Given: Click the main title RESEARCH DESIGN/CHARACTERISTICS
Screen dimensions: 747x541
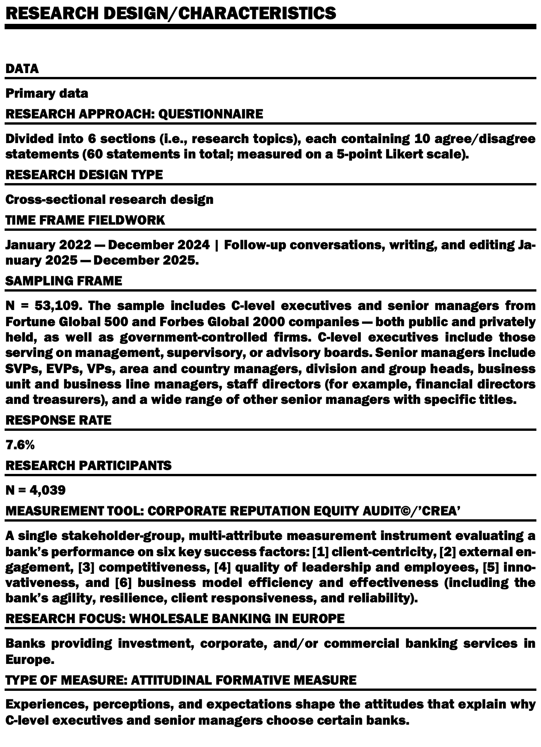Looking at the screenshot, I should tap(171, 13).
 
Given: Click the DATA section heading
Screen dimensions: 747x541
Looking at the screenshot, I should tap(22, 69).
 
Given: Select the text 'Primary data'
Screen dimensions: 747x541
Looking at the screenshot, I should tap(46, 93).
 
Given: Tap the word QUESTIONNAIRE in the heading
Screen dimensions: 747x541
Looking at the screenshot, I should tap(211, 114).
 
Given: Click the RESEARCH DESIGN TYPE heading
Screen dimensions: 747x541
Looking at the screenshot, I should tap(84, 175).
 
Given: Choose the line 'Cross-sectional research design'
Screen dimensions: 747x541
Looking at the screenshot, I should tap(109, 199).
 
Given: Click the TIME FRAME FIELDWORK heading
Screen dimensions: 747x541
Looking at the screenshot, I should tap(85, 220).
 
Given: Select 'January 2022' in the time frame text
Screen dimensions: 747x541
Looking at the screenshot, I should tap(48, 245).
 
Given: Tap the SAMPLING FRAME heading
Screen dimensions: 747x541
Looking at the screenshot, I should tap(64, 281).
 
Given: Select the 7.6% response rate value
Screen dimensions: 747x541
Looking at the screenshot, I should tap(20, 445).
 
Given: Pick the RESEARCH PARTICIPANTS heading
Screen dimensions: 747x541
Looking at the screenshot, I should tap(88, 465).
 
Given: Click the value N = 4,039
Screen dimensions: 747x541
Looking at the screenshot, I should tap(35, 490).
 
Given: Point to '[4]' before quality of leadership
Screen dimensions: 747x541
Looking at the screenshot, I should tap(221, 567).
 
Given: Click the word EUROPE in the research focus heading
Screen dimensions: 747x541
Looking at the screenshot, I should tap(318, 619).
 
